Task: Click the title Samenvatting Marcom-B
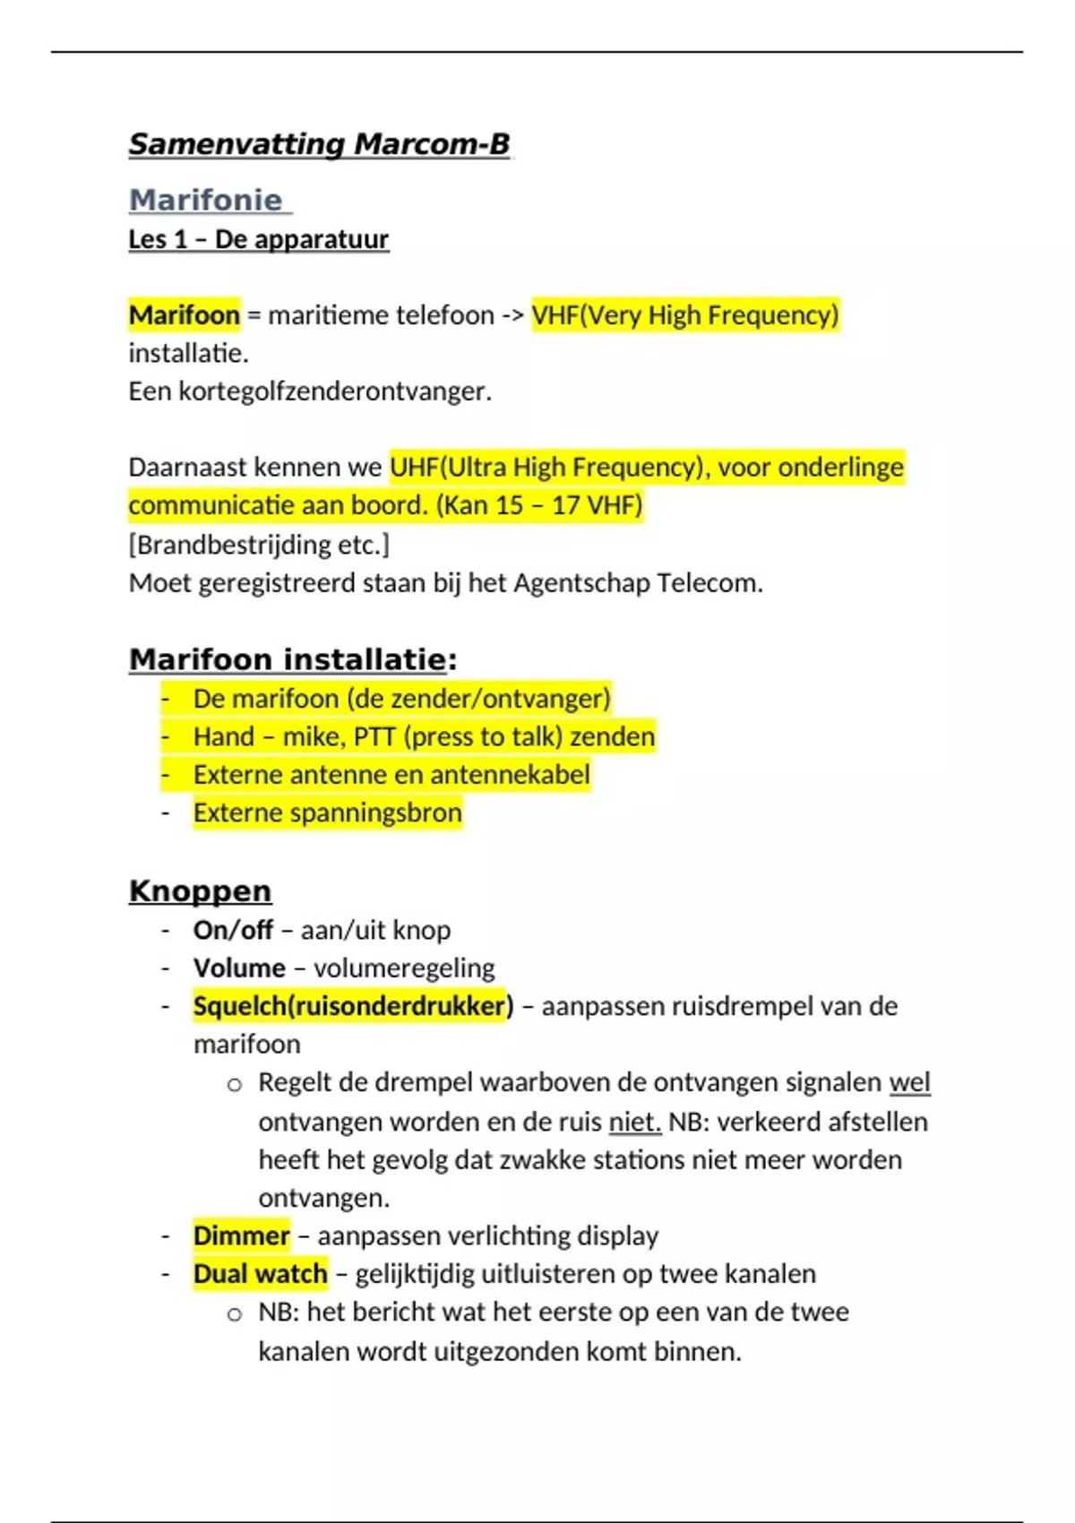pyautogui.click(x=319, y=144)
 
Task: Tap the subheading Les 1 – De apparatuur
pyautogui.click(x=258, y=239)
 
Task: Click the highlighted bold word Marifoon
pyautogui.click(x=185, y=315)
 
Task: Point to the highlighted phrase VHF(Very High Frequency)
pyautogui.click(x=684, y=315)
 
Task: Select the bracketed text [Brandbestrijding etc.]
pyautogui.click(x=258, y=545)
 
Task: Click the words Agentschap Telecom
pyautogui.click(x=637, y=583)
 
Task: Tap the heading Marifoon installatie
pyautogui.click(x=288, y=659)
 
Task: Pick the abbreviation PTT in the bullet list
pyautogui.click(x=374, y=736)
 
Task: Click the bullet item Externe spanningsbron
pyautogui.click(x=327, y=813)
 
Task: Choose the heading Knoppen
pyautogui.click(x=200, y=891)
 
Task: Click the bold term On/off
pyautogui.click(x=233, y=930)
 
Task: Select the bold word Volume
pyautogui.click(x=239, y=968)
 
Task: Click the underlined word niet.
pyautogui.click(x=634, y=1122)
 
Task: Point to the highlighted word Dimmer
pyautogui.click(x=241, y=1235)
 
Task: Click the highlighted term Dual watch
pyautogui.click(x=260, y=1274)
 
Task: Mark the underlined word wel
pyautogui.click(x=909, y=1082)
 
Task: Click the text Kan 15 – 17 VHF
pyautogui.click(x=539, y=505)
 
